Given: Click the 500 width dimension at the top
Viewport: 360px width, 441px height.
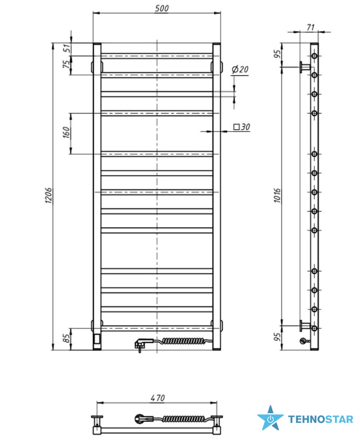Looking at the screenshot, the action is point(162,8).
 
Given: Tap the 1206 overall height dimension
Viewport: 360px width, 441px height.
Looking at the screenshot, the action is point(49,196).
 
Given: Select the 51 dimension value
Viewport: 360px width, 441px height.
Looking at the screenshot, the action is point(67,49).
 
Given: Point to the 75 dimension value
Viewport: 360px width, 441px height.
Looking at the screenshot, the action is point(66,64).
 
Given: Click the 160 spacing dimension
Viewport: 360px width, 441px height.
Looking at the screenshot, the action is point(66,132).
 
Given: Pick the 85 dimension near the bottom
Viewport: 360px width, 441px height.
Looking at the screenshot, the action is point(66,338).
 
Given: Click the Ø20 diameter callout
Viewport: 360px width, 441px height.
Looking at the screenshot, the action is point(240,69).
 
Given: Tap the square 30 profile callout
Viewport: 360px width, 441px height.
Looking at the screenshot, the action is point(242,127).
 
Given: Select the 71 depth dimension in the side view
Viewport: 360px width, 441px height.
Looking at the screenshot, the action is point(310,27).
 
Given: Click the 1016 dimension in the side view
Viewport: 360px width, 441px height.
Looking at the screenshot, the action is point(278,196).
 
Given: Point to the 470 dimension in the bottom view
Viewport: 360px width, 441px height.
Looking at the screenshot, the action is point(158,398).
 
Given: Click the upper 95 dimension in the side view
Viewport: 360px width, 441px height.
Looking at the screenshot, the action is point(278,54).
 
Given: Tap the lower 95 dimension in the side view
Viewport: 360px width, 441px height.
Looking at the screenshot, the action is point(278,337).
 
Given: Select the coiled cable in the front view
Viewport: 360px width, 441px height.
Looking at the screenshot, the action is point(186,341).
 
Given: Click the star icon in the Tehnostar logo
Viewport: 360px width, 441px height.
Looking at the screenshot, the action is point(270,418).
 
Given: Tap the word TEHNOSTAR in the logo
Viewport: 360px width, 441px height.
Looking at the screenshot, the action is point(321,420).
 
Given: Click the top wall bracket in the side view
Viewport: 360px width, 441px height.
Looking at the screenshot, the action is point(305,67).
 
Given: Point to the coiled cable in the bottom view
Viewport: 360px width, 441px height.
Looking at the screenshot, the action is point(186,419).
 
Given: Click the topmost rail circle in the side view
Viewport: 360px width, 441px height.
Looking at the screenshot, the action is point(314,56).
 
